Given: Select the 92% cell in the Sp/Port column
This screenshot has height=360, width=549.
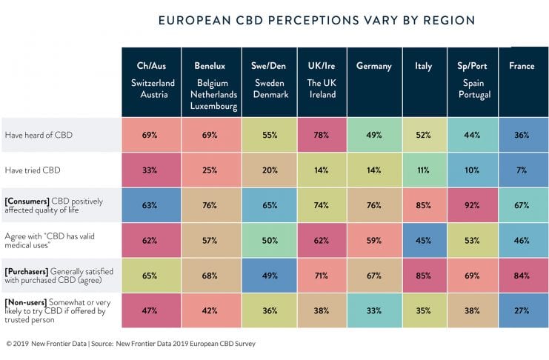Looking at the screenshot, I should tap(472, 205).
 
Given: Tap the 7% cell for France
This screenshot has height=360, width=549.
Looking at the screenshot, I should tap(522, 170).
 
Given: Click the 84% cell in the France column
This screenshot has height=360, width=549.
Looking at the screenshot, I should tap(522, 276).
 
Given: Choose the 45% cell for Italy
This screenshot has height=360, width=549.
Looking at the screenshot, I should tap(424, 240).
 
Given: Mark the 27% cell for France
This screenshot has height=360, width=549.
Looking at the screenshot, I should tap(522, 310).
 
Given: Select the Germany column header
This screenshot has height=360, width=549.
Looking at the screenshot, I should tap(373, 66).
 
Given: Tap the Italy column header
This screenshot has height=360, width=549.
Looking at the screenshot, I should tap(424, 66).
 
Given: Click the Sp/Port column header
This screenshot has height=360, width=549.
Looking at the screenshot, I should tap(472, 66).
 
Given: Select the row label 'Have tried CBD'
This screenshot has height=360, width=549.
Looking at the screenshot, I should tap(33, 170).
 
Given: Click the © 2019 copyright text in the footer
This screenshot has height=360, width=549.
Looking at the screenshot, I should tap(16, 344).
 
